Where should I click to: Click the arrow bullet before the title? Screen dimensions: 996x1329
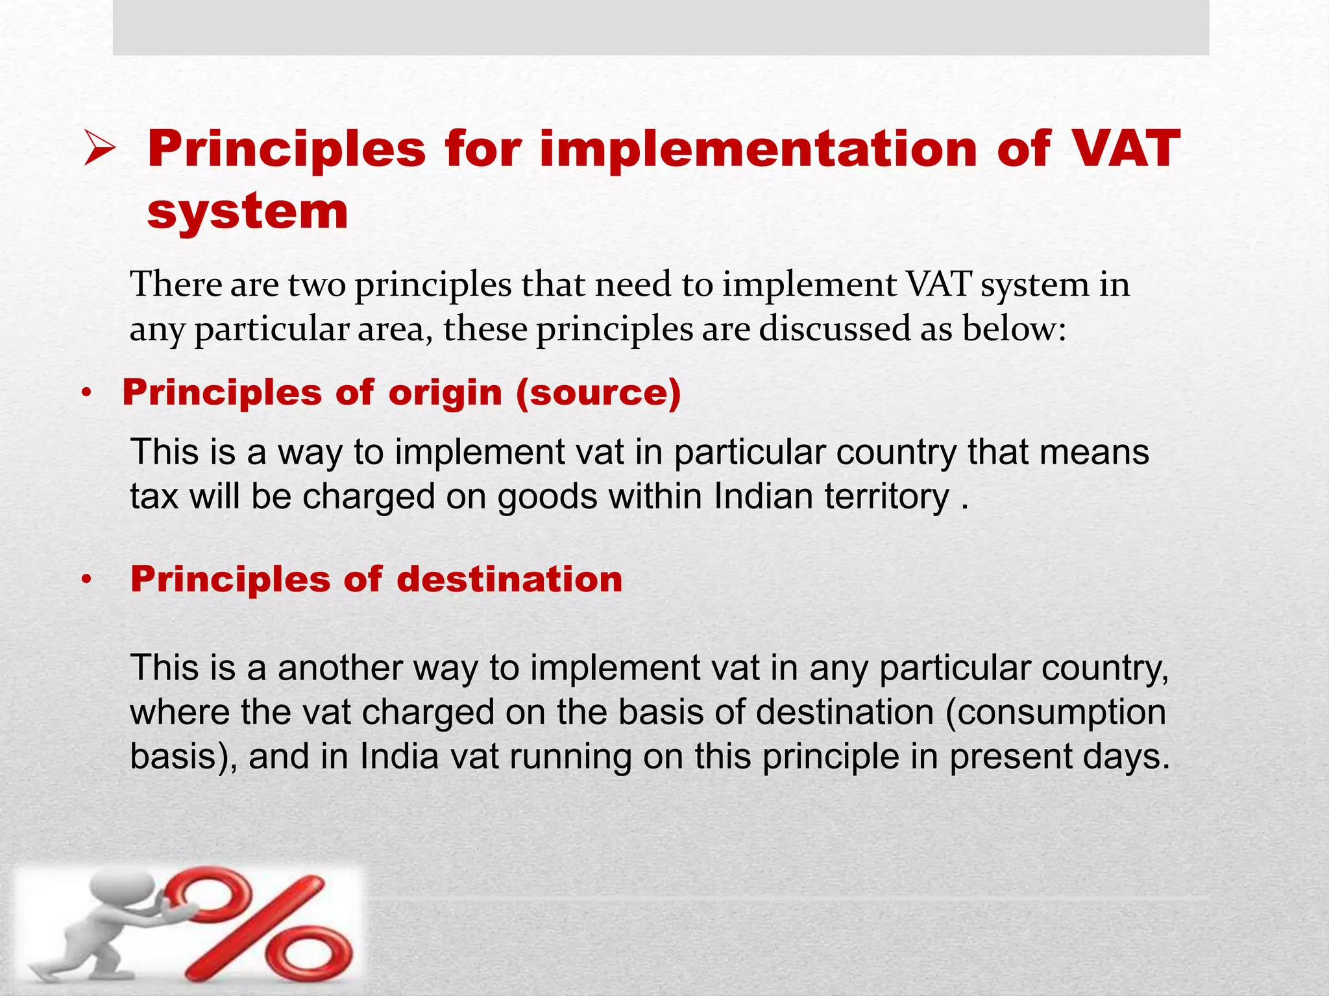(99, 148)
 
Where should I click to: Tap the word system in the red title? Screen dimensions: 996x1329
(248, 211)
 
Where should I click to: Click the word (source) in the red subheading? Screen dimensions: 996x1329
(598, 392)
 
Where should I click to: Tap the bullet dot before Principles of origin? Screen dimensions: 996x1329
(87, 393)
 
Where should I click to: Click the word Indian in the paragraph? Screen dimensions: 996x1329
(763, 497)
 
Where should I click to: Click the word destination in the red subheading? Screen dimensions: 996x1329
(509, 578)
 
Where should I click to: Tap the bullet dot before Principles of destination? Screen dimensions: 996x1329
(87, 579)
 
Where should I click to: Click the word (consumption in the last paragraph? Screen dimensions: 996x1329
(1055, 712)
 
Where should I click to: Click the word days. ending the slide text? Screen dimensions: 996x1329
(1126, 757)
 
